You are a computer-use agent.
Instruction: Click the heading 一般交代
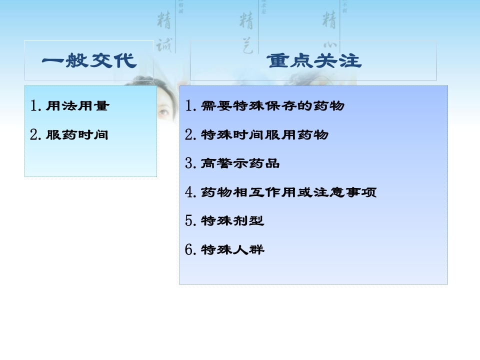89,61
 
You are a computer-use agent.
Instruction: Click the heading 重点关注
313,61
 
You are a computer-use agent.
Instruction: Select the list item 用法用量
77,106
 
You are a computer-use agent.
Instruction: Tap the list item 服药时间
77,135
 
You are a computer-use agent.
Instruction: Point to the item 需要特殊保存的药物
272,106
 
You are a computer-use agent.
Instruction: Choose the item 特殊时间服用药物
264,135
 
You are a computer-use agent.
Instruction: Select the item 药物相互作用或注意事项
288,192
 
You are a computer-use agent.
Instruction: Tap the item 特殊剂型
232,221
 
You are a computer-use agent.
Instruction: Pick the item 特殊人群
232,249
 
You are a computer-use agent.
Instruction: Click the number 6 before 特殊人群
189,249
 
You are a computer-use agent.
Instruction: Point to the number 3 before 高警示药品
189,163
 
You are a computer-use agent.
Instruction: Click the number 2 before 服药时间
34,135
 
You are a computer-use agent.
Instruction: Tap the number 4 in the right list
189,192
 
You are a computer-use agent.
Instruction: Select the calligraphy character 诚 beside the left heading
163,46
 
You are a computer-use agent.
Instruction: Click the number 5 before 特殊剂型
189,221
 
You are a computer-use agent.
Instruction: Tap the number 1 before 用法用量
34,106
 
